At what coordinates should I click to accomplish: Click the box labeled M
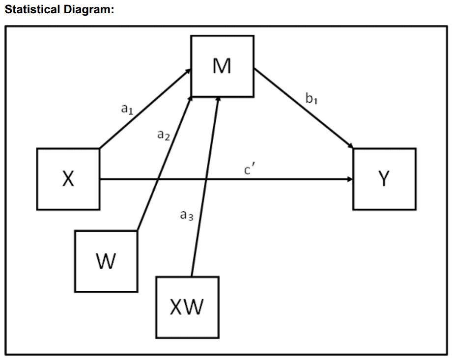pyautogui.click(x=223, y=66)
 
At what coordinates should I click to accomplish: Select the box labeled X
pyautogui.click(x=68, y=179)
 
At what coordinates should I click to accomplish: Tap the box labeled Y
pyautogui.click(x=384, y=179)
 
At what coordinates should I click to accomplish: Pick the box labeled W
pyautogui.click(x=106, y=261)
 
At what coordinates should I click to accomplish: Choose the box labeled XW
pyautogui.click(x=187, y=307)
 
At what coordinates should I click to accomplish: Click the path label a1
pyautogui.click(x=127, y=109)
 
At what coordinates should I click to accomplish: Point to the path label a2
pyautogui.click(x=163, y=135)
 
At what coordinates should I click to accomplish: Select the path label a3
pyautogui.click(x=187, y=214)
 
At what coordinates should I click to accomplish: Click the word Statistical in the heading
pyautogui.click(x=31, y=9)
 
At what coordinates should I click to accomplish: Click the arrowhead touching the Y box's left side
pyautogui.click(x=350, y=179)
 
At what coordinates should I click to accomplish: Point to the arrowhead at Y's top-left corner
pyautogui.click(x=350, y=146)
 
